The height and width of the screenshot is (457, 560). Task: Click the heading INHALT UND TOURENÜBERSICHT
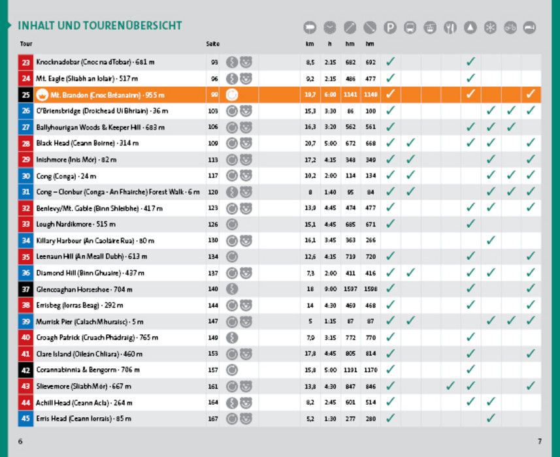(x=100, y=26)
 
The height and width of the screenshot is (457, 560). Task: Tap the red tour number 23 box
(x=25, y=62)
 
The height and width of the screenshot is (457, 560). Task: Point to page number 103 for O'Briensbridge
(x=212, y=111)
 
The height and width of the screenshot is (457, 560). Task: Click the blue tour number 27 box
(x=25, y=127)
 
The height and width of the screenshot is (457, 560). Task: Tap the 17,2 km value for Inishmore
(x=310, y=159)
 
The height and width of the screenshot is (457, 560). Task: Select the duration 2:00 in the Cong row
(x=330, y=176)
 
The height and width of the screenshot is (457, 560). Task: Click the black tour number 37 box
(x=25, y=289)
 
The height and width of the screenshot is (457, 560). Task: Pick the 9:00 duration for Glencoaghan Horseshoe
(x=330, y=289)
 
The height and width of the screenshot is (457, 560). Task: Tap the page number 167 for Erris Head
(x=212, y=418)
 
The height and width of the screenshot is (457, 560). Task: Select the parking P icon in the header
(x=390, y=27)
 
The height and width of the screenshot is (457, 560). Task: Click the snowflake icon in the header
(x=490, y=27)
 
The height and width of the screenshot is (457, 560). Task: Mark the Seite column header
(x=212, y=44)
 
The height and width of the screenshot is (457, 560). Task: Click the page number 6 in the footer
(x=20, y=441)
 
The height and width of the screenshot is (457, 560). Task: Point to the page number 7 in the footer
(x=540, y=441)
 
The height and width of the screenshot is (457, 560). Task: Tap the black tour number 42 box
(x=25, y=370)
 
